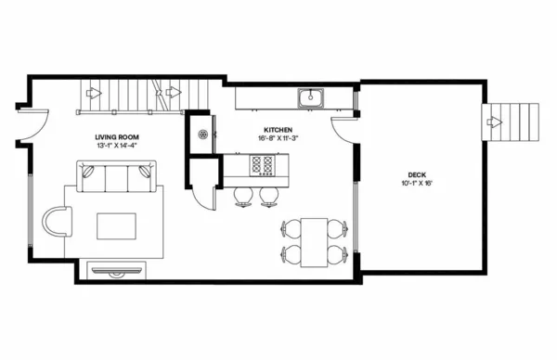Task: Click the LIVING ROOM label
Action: click(116, 137)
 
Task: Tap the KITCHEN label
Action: click(278, 129)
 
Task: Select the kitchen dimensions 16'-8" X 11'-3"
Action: click(278, 137)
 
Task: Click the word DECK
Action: click(418, 174)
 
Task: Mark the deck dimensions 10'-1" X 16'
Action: click(418, 183)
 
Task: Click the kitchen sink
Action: click(309, 96)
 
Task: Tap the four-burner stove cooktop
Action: click(263, 166)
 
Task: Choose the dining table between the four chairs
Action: click(316, 240)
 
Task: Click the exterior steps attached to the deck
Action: click(512, 122)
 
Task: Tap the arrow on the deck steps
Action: click(495, 122)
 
